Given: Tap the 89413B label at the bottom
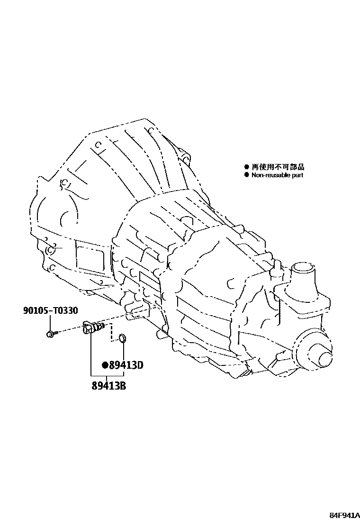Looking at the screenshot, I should coord(109,385).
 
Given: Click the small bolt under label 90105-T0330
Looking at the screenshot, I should coord(50,335).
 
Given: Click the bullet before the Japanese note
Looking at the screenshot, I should coord(246,167).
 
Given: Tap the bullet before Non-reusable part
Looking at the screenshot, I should coord(246,175).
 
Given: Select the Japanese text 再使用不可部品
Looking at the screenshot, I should coord(278,167).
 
